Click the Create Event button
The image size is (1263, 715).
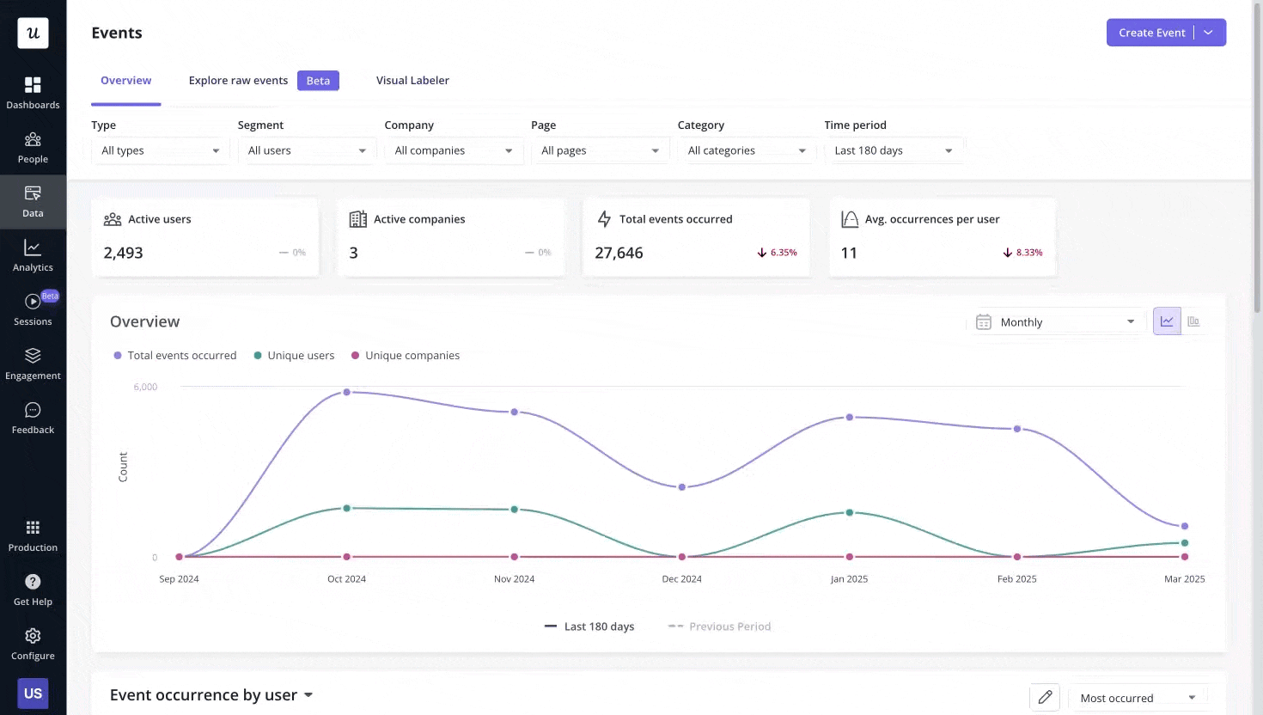click(x=1151, y=33)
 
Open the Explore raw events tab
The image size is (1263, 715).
click(x=238, y=81)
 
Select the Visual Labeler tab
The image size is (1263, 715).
click(x=412, y=81)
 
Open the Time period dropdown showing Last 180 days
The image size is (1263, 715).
click(x=893, y=150)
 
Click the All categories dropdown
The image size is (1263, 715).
click(x=746, y=150)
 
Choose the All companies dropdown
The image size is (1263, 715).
click(x=453, y=150)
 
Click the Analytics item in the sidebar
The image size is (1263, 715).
click(x=33, y=255)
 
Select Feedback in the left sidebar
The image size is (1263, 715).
click(x=33, y=418)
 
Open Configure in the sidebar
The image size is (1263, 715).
click(x=33, y=644)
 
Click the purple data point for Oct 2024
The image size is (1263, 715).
click(x=347, y=392)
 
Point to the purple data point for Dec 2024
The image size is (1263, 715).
click(x=682, y=487)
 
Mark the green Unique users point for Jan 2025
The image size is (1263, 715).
click(x=850, y=512)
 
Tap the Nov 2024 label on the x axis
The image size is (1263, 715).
click(x=514, y=579)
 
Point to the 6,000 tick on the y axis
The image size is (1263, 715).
click(x=145, y=388)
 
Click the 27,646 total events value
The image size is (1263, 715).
click(x=619, y=253)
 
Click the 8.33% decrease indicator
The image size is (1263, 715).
click(x=1022, y=253)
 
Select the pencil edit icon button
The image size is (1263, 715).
click(x=1045, y=697)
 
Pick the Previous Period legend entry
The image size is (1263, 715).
click(x=720, y=626)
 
